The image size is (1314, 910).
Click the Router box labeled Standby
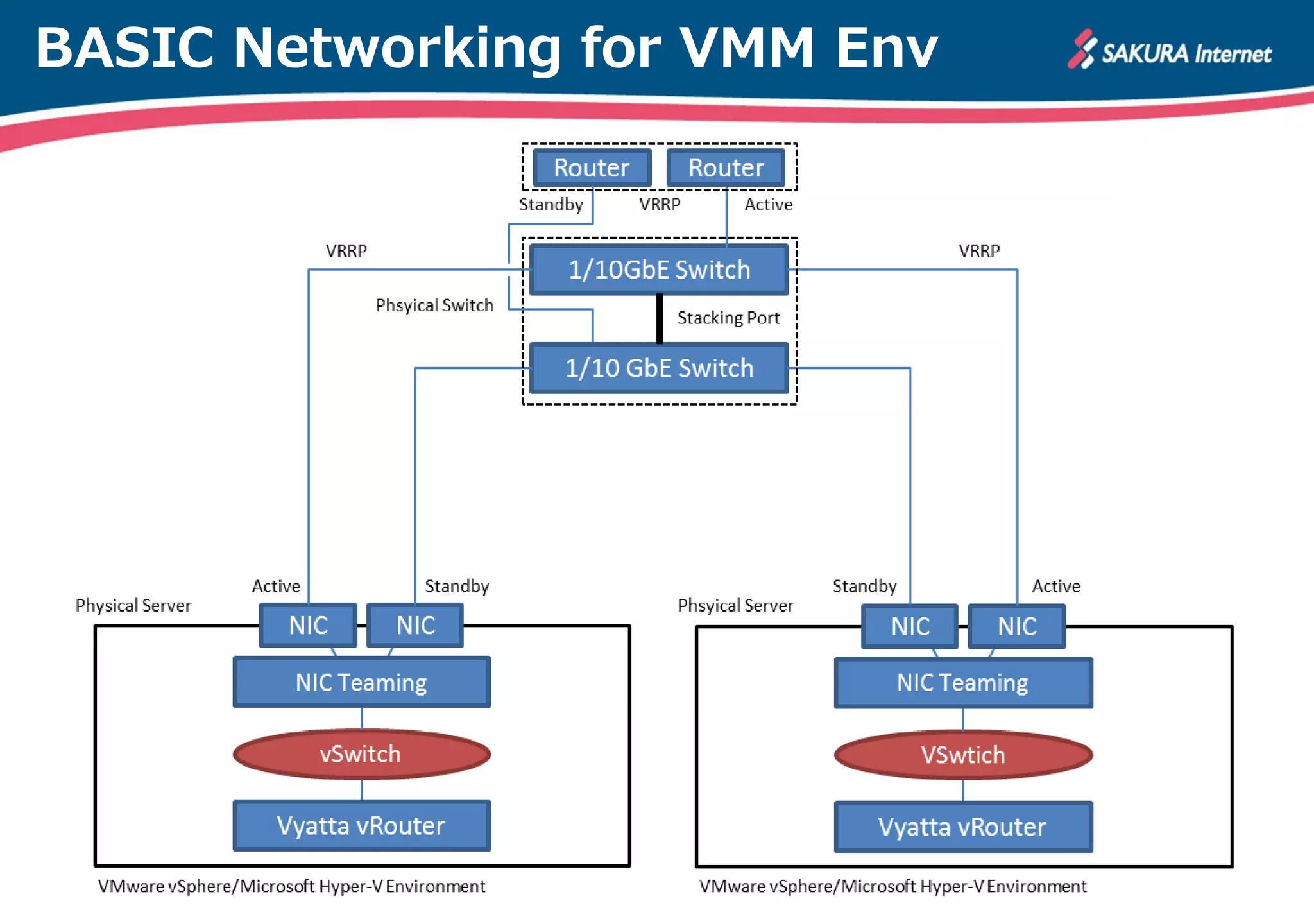point(592,167)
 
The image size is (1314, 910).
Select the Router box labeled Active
point(726,167)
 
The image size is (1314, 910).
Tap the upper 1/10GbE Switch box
point(659,270)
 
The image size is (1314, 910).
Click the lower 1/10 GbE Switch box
point(659,368)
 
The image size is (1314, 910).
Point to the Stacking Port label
point(728,318)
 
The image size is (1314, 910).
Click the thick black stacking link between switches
point(660,319)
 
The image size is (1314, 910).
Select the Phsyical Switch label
point(434,305)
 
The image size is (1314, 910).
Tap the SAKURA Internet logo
point(1170,51)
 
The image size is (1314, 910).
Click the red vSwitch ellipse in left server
point(361,754)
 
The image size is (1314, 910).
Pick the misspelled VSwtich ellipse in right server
point(962,755)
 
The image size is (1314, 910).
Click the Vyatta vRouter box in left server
point(361,825)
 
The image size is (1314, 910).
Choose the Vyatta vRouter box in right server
point(962,827)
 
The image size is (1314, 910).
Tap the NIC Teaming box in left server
point(361,682)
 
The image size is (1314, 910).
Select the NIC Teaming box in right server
point(962,683)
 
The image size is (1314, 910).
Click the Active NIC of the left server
point(308,625)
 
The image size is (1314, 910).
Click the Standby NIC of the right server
point(910,626)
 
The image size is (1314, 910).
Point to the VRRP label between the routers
point(660,204)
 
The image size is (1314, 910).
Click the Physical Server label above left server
point(133,605)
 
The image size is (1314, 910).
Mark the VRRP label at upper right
point(979,250)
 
